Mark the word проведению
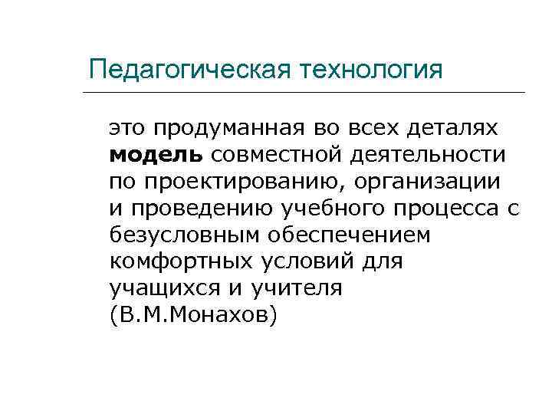pos(192,209)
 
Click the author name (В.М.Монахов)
pos(192,316)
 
